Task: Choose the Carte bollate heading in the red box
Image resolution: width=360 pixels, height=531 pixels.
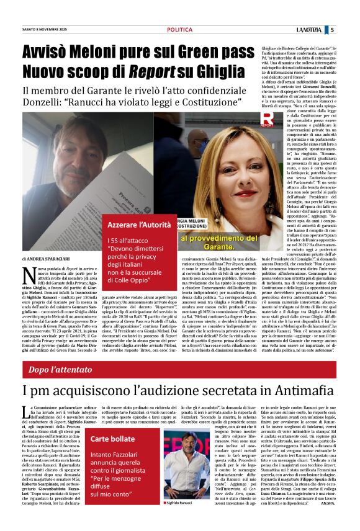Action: pyautogui.click(x=112, y=438)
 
